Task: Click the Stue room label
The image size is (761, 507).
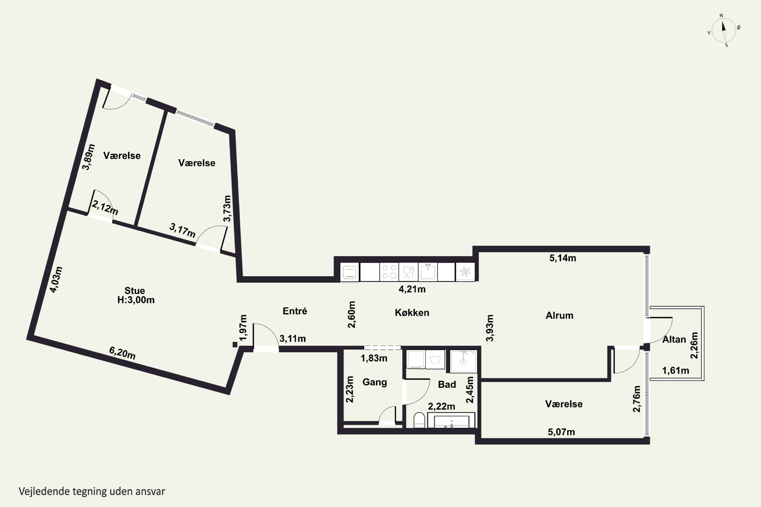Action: tap(135, 290)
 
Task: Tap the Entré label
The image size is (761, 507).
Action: tap(295, 311)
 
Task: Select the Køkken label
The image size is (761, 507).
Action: tap(412, 313)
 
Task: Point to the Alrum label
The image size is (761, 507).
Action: tap(559, 315)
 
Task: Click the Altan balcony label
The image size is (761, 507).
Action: tap(674, 339)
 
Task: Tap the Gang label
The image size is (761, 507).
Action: tap(375, 382)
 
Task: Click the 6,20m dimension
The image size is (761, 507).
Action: tap(122, 353)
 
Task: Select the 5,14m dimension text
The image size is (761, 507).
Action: tap(563, 258)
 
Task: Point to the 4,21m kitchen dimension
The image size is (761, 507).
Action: tap(412, 289)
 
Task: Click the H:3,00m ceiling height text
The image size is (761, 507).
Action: tap(136, 300)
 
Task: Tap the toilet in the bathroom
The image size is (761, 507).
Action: tap(419, 420)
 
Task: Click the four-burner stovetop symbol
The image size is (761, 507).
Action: tap(389, 271)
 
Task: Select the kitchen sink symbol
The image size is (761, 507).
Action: tap(428, 271)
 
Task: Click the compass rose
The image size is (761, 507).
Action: tap(724, 30)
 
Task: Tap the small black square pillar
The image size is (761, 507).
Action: tap(235, 345)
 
